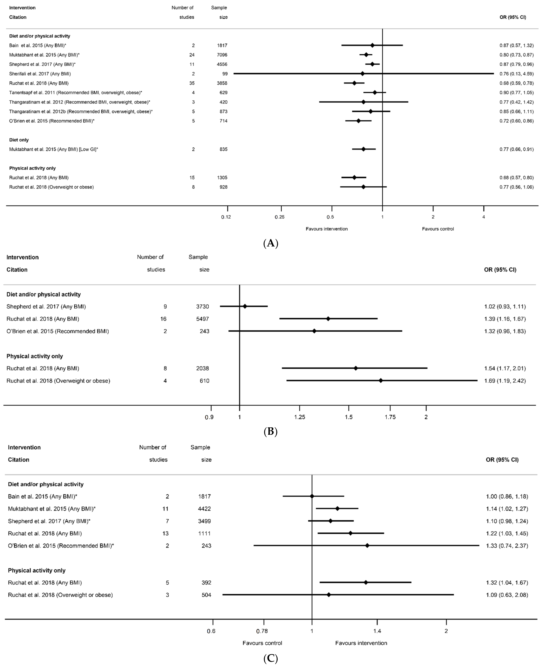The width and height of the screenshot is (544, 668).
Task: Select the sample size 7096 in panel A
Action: coord(222,55)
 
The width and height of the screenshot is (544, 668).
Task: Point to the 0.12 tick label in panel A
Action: coord(226,217)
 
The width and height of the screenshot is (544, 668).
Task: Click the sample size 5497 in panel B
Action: coord(202,319)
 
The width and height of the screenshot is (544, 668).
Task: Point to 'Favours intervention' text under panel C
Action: coord(361,643)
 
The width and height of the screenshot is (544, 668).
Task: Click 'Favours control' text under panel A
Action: coord(438,229)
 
